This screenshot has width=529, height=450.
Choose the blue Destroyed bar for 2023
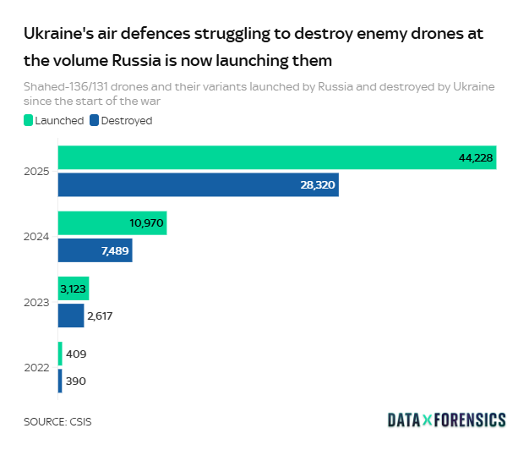point(71,316)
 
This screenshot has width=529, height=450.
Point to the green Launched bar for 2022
point(60,354)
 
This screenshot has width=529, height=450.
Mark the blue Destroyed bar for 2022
point(60,381)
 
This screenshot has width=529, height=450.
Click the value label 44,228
point(476,158)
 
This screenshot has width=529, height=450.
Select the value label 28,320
point(318,184)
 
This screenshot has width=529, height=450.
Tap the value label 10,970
point(146,223)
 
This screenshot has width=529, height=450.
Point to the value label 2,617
point(100,316)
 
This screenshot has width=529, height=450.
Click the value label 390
point(76,381)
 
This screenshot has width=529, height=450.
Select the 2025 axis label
point(38,172)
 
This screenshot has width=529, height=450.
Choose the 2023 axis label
point(38,302)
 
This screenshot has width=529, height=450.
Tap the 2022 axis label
point(38,368)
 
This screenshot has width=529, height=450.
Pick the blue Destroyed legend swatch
point(95,120)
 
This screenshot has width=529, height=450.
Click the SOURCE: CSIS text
point(57,420)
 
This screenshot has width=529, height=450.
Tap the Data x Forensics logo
point(446,420)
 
